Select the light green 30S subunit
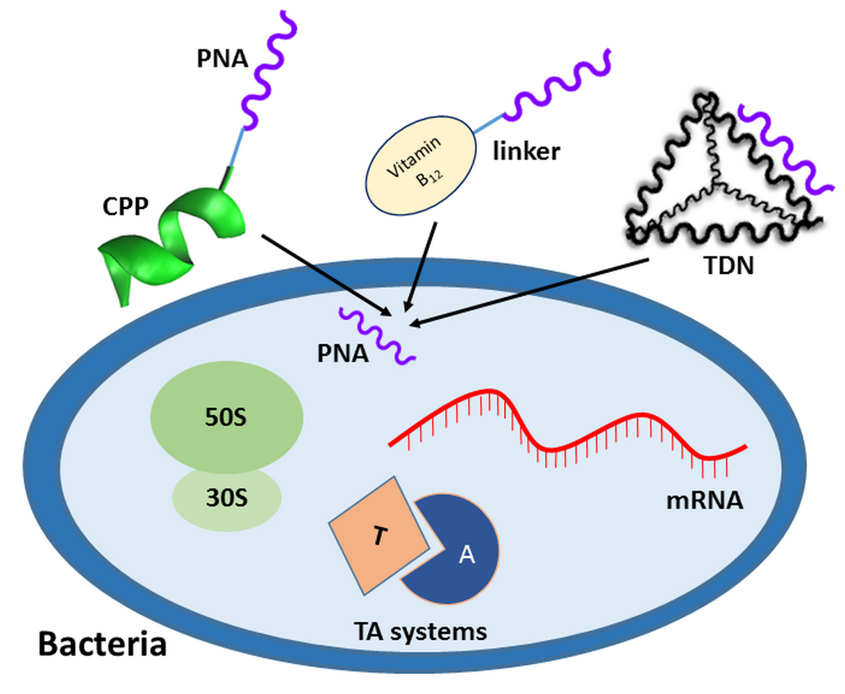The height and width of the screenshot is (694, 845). pos(226,498)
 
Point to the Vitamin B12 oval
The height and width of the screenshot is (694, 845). pos(421,164)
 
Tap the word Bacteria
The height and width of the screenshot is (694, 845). pos(102,643)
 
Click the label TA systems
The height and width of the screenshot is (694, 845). pos(420,632)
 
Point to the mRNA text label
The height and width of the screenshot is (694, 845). pos(704,500)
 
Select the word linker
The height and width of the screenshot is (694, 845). pos(526,151)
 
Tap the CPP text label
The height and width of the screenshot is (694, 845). pos(125,206)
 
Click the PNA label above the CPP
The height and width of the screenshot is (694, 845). pos(222,59)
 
